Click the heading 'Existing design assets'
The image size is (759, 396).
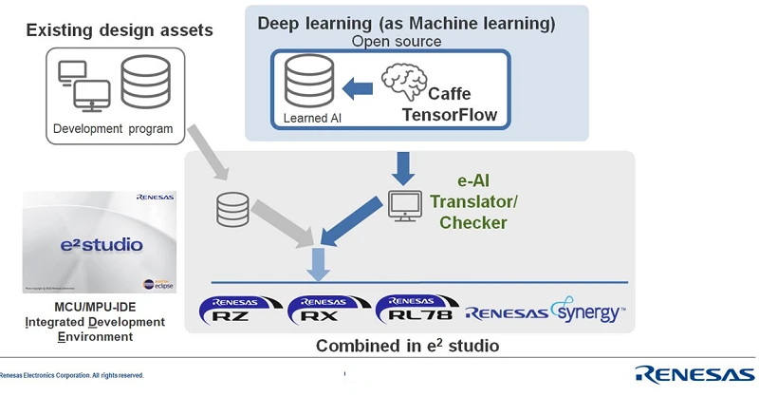click(120, 30)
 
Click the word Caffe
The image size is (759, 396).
click(450, 95)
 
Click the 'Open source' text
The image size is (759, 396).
click(397, 41)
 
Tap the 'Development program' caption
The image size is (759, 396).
click(113, 129)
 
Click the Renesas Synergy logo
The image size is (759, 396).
click(546, 311)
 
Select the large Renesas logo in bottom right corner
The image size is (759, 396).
click(696, 373)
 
